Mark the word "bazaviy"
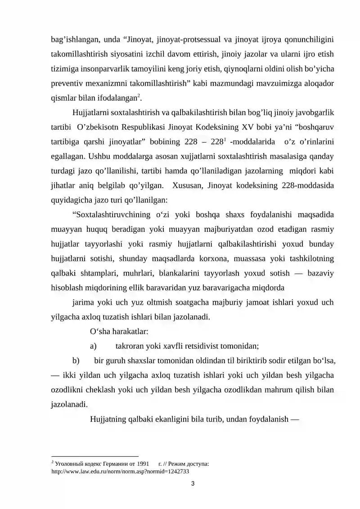point(320,274)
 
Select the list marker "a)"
point(94,346)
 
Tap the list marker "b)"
point(76,360)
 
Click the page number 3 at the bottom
point(193,484)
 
